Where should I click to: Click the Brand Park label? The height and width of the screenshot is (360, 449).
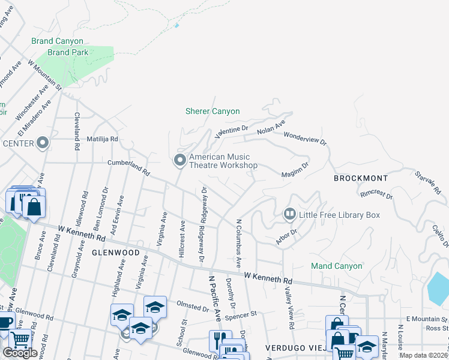tap(68, 52)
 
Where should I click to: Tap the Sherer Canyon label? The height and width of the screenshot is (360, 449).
tap(212, 111)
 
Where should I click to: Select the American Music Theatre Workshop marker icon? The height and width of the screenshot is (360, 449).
tap(179, 160)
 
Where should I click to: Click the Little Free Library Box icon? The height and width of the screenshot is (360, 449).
tap(289, 214)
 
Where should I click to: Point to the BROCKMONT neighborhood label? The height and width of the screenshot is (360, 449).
tap(361, 179)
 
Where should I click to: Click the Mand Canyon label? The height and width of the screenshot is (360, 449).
tap(336, 266)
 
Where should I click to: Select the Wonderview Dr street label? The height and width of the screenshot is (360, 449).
tap(305, 139)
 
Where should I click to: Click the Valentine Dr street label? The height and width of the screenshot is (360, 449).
tap(231, 131)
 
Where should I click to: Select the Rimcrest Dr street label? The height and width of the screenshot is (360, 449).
tap(376, 195)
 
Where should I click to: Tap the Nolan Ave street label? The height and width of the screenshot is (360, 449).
tap(271, 128)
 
